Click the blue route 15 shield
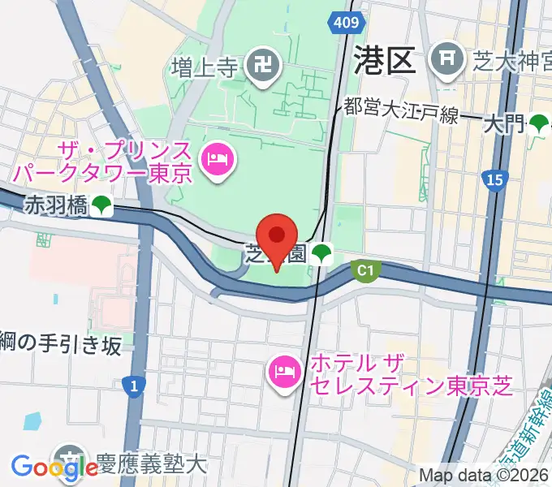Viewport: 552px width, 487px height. click(492, 179)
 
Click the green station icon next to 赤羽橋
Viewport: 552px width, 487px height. click(101, 206)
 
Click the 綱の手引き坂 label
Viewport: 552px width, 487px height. click(61, 345)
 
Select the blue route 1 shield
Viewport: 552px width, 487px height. click(133, 386)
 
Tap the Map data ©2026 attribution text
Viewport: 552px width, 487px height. click(485, 476)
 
